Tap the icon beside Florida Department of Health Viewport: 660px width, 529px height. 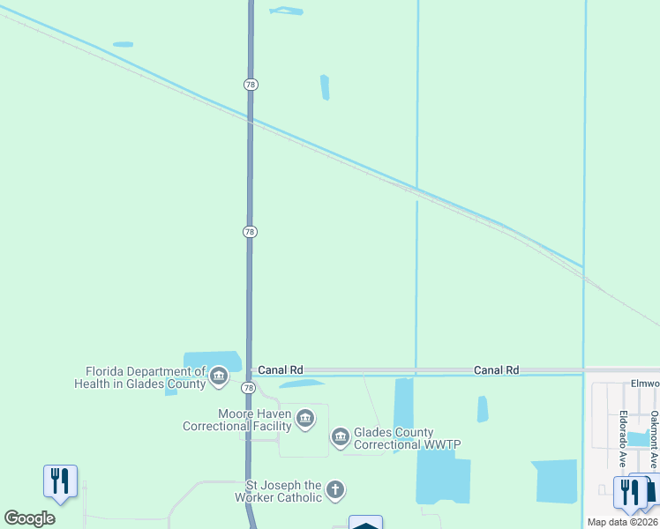220,378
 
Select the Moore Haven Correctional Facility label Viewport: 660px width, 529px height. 236,420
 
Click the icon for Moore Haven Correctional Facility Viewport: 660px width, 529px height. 305,418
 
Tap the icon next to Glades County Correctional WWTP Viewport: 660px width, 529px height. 341,437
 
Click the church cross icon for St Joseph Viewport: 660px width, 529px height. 334,490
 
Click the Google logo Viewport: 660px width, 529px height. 29,518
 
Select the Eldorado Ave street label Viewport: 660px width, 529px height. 622,438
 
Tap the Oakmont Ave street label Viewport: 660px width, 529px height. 654,437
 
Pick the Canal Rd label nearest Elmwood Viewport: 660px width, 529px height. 496,370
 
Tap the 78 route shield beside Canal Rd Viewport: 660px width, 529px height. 249,388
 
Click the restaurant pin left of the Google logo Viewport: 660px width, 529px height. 60,481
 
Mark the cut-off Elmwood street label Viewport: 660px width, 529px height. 645,384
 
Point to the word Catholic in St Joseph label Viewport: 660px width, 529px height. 297,498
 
